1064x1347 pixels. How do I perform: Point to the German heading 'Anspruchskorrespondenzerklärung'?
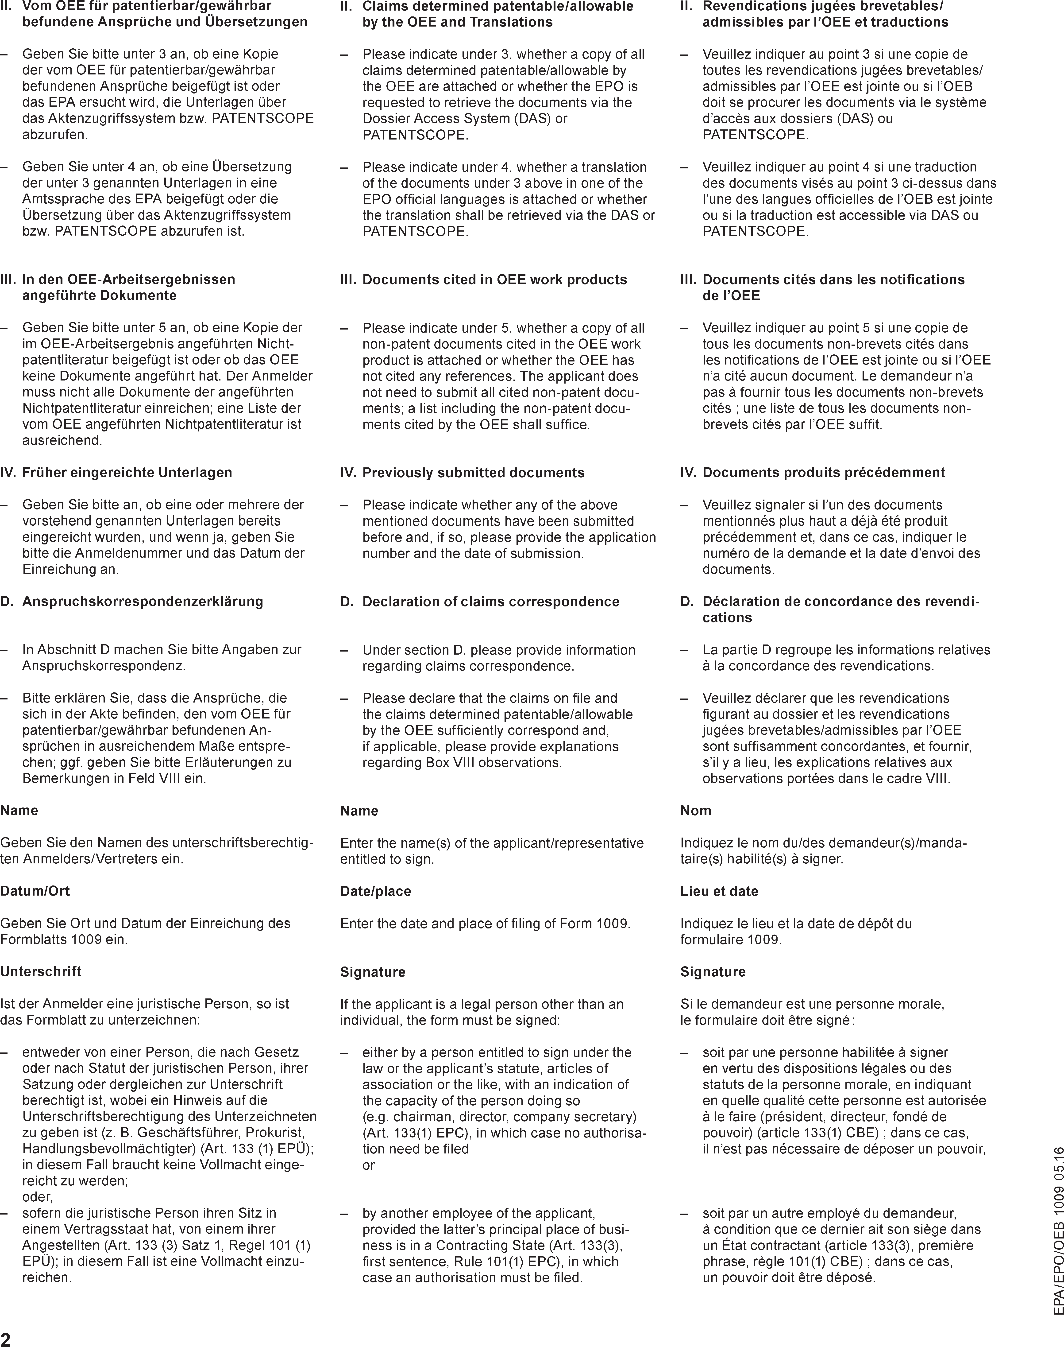143,602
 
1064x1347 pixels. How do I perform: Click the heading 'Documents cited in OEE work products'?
495,280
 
